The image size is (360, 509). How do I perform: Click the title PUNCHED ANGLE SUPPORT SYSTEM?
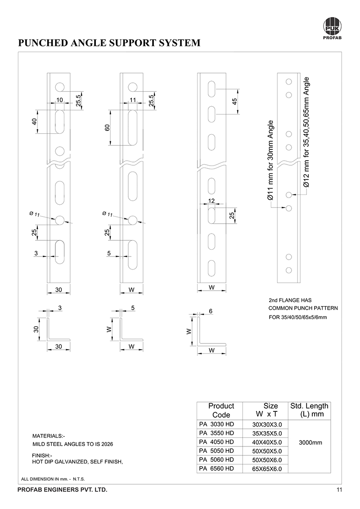click(108, 43)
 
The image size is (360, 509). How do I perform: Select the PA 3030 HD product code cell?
click(216, 424)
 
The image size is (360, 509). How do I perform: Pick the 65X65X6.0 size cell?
click(267, 469)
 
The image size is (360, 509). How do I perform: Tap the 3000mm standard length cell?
click(311, 443)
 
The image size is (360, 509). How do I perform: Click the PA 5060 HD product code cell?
click(216, 459)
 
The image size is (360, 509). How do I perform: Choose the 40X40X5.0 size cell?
click(267, 442)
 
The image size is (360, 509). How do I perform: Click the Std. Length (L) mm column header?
click(310, 410)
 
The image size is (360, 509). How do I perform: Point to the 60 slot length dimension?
click(107, 127)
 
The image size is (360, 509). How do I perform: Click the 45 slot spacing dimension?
click(234, 101)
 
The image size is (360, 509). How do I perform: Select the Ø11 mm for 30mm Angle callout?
click(271, 160)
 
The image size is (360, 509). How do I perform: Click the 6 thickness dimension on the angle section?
click(211, 311)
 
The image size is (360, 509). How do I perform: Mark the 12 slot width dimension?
click(211, 201)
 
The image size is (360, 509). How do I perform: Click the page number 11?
click(339, 490)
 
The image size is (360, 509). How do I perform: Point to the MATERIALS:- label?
click(49, 436)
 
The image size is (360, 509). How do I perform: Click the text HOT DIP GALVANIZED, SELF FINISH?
click(78, 462)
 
